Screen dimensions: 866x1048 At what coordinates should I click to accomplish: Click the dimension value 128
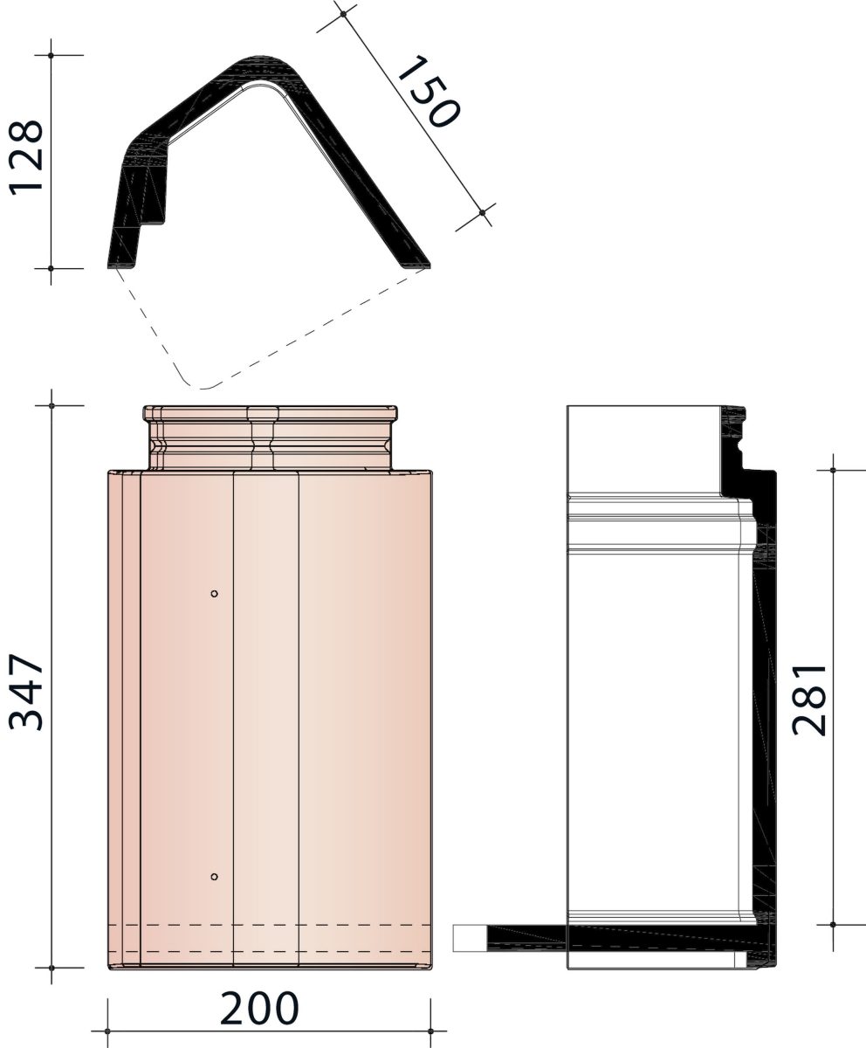pos(25,156)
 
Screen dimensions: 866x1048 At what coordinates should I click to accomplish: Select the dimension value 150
pos(428,92)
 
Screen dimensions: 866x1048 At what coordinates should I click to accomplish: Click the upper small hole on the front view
pos(214,594)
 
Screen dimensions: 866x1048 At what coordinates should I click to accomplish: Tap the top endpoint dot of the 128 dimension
pos(51,55)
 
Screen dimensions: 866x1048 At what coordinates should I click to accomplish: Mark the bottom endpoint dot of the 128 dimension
pos(51,268)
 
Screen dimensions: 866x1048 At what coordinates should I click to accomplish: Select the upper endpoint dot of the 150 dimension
pos(343,14)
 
